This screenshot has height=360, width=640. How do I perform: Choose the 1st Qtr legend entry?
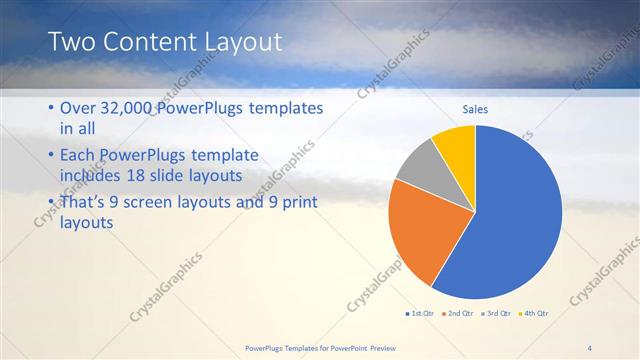[421, 313]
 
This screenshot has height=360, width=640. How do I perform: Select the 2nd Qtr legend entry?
[460, 313]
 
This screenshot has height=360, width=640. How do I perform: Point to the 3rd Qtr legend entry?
[497, 313]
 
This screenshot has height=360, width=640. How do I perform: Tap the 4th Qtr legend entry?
[534, 313]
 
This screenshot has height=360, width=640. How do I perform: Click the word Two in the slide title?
[71, 41]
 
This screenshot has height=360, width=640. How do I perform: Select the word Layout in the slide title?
[241, 41]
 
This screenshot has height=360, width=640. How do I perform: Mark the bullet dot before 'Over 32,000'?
[51, 109]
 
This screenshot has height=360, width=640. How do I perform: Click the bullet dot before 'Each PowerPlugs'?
[51, 156]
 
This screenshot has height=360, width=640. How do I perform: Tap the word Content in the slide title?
[147, 41]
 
